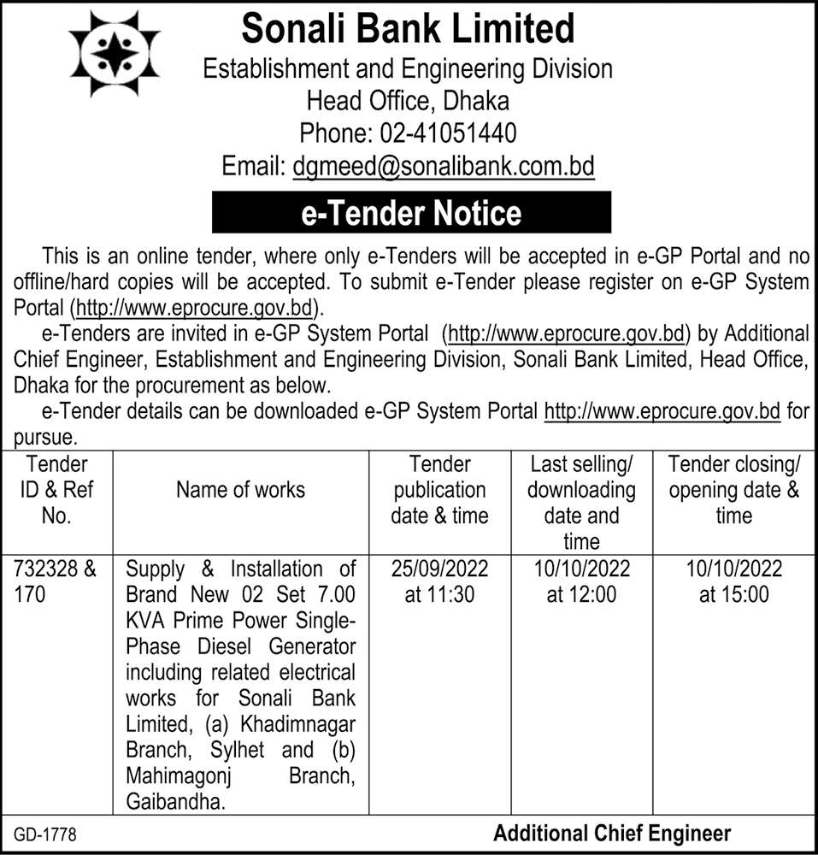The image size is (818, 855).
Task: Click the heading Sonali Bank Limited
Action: click(409, 29)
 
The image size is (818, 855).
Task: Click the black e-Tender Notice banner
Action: click(411, 212)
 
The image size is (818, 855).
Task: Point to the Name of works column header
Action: click(240, 489)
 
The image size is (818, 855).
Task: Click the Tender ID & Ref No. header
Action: click(56, 490)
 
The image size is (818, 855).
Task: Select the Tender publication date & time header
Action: click(439, 490)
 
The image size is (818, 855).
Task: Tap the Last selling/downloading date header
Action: click(581, 502)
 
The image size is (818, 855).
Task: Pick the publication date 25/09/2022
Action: click(439, 569)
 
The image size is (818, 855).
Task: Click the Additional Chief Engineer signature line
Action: click(612, 833)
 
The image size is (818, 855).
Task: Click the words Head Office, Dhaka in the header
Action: click(409, 101)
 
